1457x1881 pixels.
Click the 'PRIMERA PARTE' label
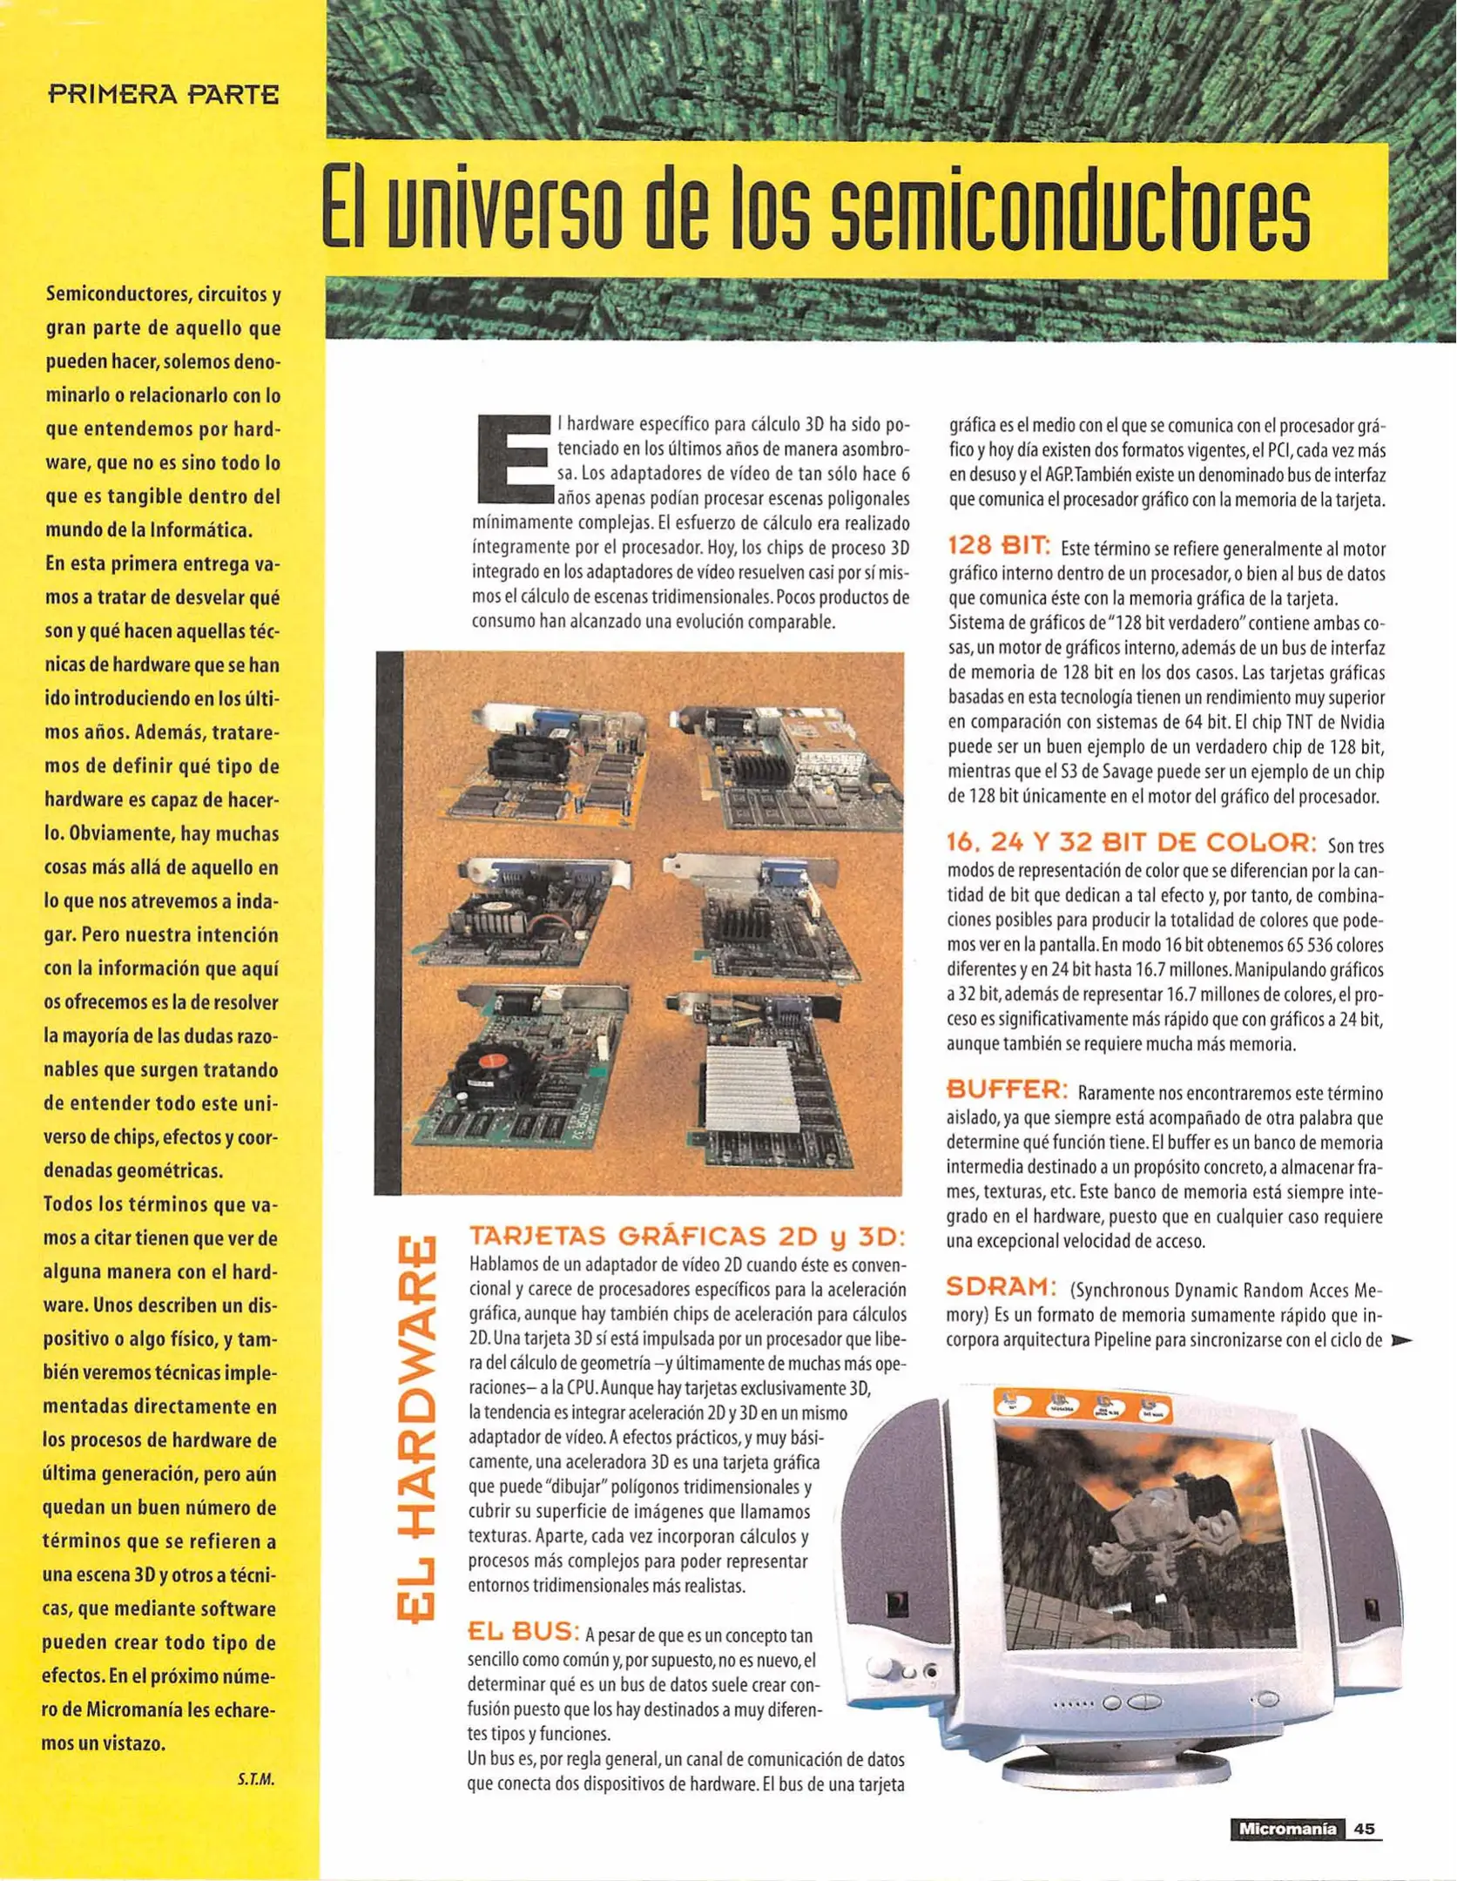[x=164, y=94]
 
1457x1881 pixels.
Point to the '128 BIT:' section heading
[x=998, y=546]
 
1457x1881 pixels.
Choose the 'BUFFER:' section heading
[x=1006, y=1089]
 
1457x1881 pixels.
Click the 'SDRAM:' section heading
[x=1002, y=1286]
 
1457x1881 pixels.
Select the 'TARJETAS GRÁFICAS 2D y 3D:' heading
[x=687, y=1237]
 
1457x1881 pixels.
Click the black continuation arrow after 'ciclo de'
[x=1401, y=1341]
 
